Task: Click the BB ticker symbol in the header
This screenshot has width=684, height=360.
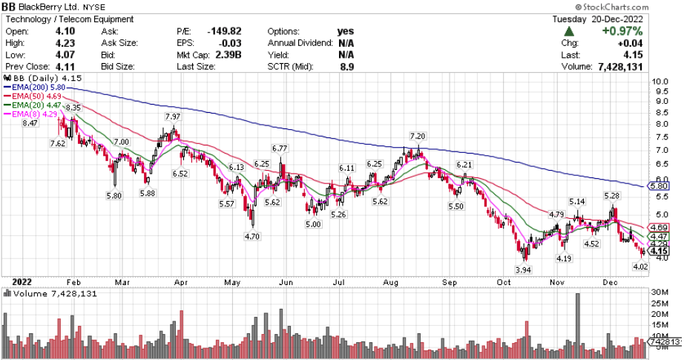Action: coord(13,7)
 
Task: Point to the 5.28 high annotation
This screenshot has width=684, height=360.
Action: coord(612,196)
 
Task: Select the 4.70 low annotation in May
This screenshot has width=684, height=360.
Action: coord(253,237)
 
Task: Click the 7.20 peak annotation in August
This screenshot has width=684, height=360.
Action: coord(418,137)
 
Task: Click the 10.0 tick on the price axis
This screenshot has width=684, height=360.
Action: coord(660,82)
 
